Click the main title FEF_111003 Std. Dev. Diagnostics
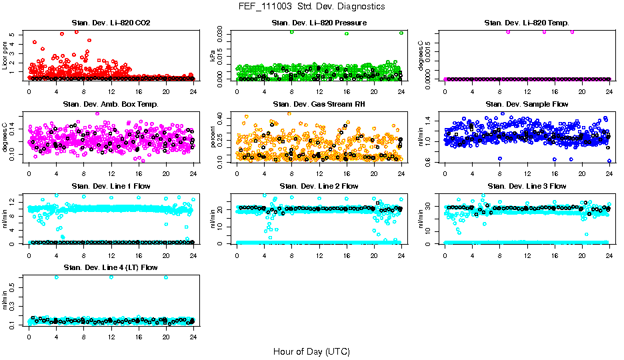311,7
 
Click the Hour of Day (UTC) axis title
311,351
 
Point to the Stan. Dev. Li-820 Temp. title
527,23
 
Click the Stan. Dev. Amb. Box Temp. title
110,104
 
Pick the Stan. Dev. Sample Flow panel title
527,104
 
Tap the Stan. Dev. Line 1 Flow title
110,186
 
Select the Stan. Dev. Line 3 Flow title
527,186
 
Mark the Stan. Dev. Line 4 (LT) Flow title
110,267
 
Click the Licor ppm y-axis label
5,56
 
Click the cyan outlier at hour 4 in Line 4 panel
56,277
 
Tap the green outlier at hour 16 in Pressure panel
347,33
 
